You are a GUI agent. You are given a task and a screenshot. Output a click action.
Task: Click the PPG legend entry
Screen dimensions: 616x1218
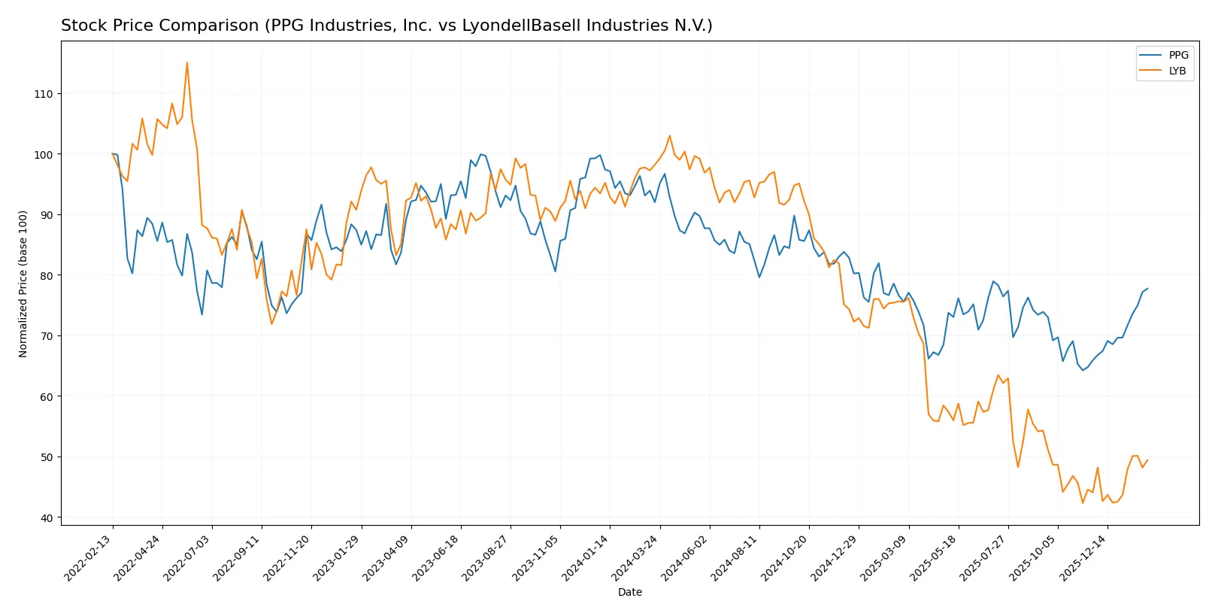pos(1177,55)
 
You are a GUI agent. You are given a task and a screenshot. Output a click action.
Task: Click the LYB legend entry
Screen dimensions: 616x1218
pos(1177,71)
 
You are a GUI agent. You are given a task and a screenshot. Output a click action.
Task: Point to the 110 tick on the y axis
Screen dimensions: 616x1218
pos(44,94)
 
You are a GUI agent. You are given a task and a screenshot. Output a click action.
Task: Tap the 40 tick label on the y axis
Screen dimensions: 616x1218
pos(47,517)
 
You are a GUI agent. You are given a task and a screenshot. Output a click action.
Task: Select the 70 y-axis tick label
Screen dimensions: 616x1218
pos(47,336)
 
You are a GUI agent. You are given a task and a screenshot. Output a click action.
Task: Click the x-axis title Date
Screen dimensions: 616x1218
pos(629,592)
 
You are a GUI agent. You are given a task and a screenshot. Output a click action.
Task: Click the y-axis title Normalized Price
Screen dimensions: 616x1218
pos(23,284)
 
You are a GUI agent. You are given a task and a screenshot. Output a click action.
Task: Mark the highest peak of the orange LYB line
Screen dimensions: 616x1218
pos(187,62)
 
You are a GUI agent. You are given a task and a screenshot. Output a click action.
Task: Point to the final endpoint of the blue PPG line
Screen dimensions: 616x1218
pos(1147,289)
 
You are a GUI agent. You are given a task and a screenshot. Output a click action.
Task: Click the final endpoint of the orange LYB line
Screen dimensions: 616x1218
pos(1147,460)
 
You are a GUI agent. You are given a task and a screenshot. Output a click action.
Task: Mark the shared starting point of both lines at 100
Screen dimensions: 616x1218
pos(113,153)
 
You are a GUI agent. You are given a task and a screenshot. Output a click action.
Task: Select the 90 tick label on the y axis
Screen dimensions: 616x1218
pos(47,215)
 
